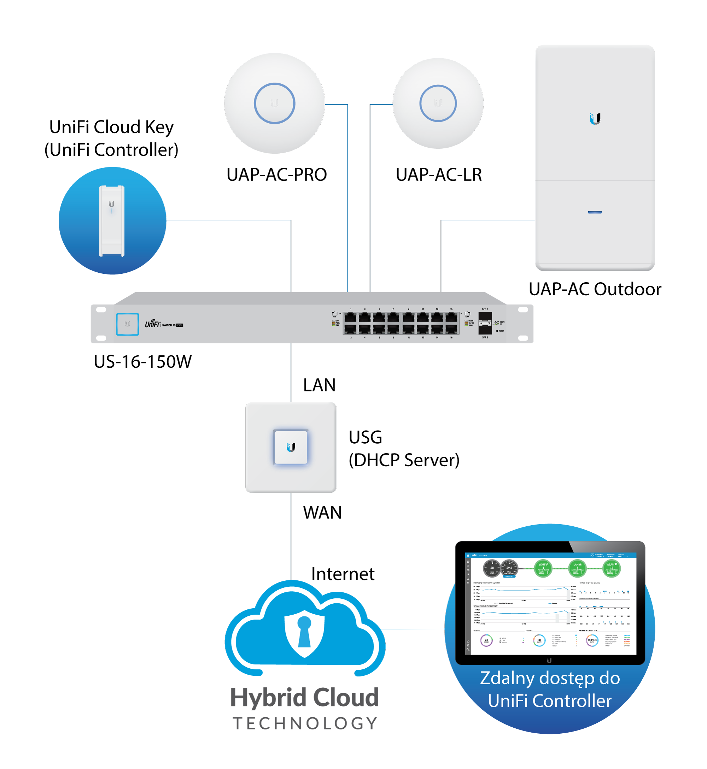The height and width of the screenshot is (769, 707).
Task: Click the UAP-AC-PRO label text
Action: [x=276, y=174]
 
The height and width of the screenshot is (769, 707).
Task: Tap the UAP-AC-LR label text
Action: [x=438, y=174]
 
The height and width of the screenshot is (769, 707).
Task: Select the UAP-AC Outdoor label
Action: [x=595, y=289]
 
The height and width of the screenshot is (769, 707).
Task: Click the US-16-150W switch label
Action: [x=143, y=362]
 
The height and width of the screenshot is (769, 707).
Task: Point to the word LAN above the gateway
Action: [x=319, y=385]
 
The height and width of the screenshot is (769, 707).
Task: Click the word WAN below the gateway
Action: [x=322, y=513]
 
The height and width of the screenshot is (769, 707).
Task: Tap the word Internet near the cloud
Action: [x=343, y=574]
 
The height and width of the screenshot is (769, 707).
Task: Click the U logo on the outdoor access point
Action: [x=595, y=119]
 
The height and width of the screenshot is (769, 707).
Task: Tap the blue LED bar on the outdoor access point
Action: [x=595, y=212]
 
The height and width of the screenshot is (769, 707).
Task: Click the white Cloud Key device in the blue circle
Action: [x=112, y=221]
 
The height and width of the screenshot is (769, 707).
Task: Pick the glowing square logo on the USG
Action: [x=291, y=447]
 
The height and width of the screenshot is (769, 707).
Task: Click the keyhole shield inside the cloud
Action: [x=304, y=633]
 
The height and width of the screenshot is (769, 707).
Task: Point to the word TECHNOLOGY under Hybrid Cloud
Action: [x=305, y=723]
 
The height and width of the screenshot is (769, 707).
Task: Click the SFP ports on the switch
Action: [x=485, y=323]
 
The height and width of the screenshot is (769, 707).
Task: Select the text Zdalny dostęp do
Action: [x=550, y=679]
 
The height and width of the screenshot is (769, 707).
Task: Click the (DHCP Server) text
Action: [x=404, y=460]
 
